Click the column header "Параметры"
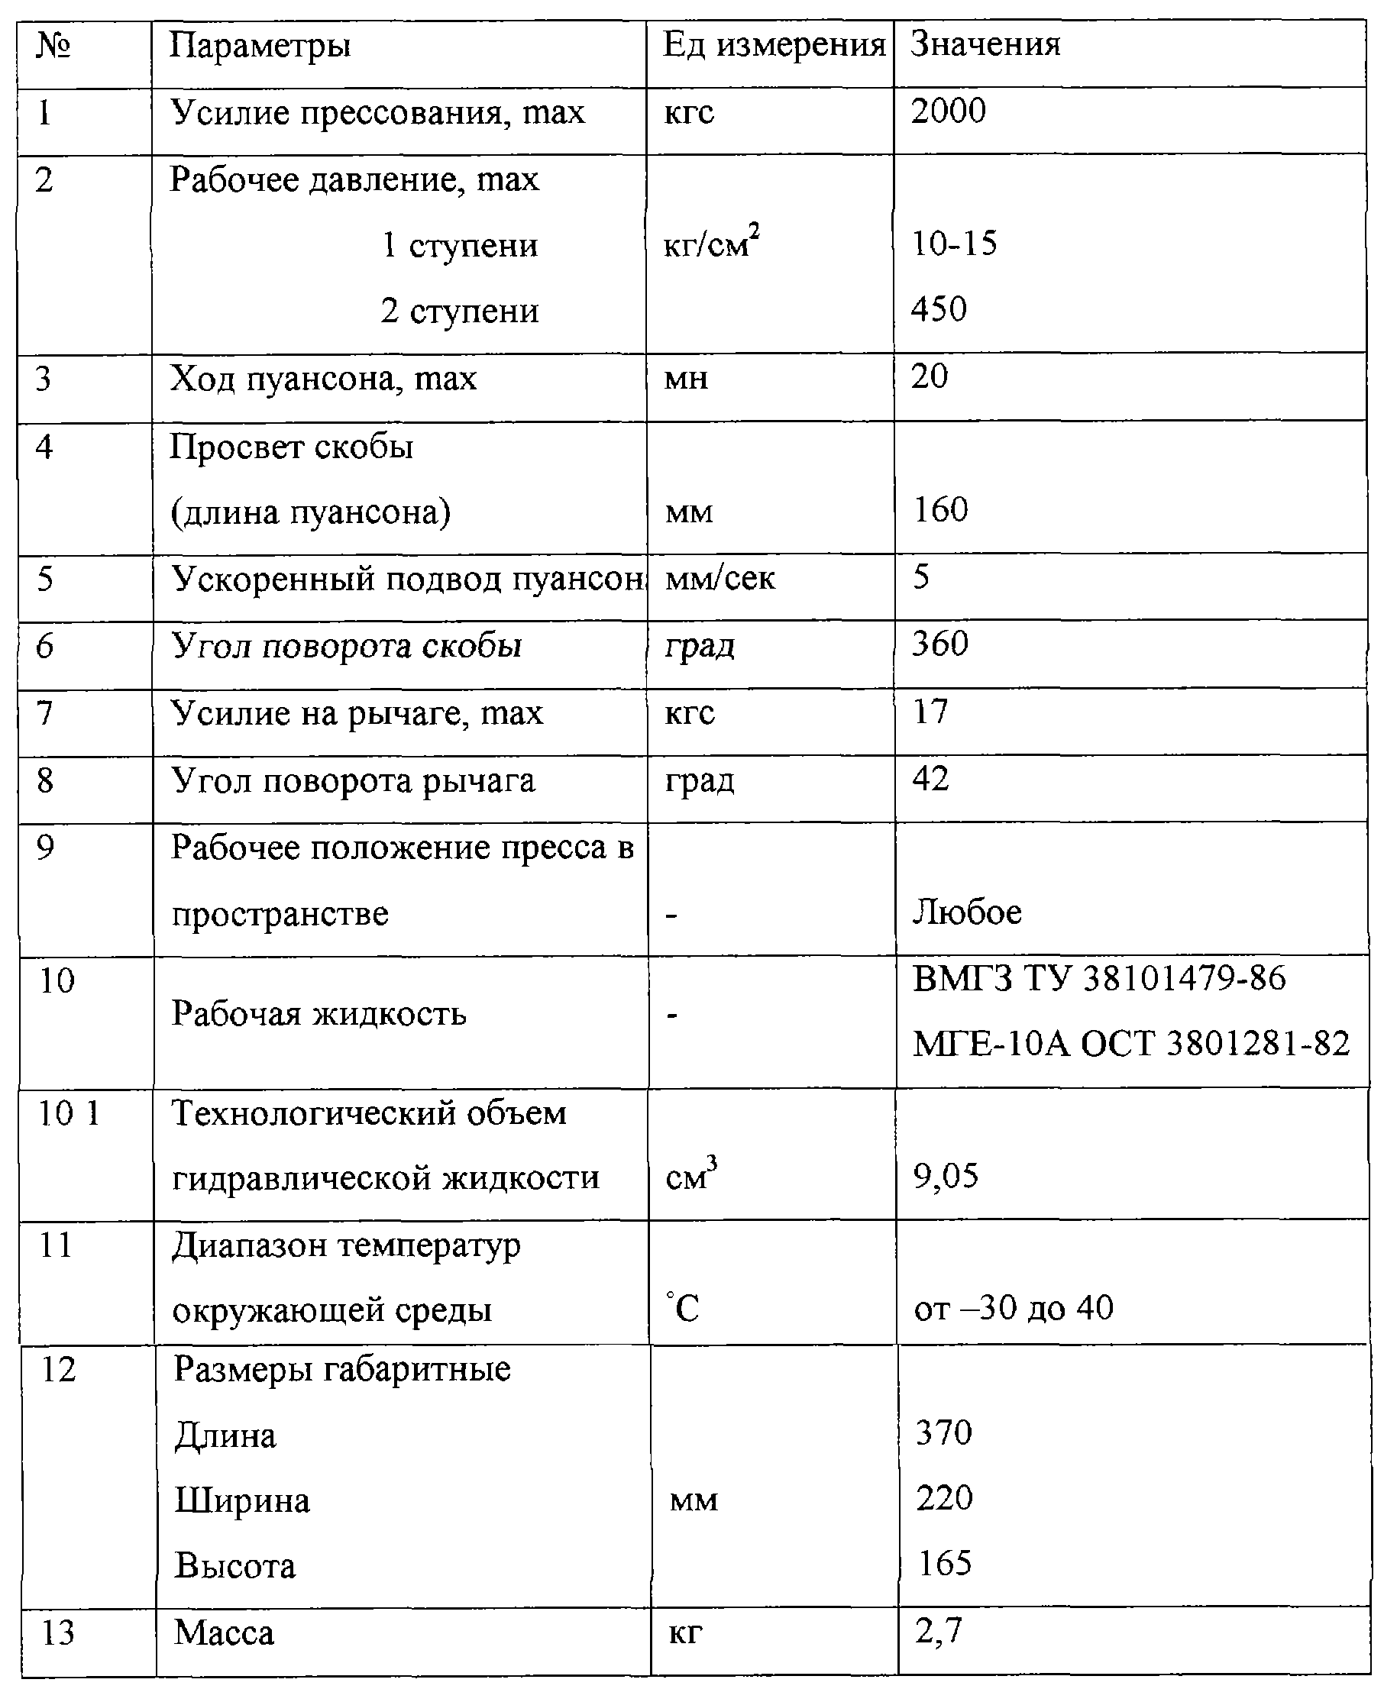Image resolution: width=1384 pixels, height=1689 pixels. pos(260,47)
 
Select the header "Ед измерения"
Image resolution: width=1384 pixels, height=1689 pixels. pos(773,46)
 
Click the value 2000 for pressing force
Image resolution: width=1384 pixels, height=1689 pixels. pos(948,111)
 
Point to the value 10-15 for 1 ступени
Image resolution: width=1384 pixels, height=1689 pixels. pos(953,243)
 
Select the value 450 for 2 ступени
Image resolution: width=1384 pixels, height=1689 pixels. pos(939,309)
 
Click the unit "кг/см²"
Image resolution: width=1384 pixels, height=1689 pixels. pos(711,242)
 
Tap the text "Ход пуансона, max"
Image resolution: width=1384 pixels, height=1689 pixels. pos(323,379)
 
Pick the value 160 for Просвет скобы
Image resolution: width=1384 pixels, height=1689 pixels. pos(941,510)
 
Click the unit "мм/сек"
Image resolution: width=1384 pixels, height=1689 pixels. pos(720,578)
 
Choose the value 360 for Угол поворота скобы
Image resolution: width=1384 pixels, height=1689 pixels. pos(940,644)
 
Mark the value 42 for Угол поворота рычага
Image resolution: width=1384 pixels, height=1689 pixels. pos(930,779)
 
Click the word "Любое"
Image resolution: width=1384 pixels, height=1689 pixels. pos(967,912)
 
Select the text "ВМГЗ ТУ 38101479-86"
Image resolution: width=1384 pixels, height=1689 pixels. pos(1098,980)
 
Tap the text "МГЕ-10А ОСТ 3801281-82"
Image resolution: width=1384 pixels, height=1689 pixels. pos(1131,1044)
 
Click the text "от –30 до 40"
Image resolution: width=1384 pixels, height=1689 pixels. pos(1014,1309)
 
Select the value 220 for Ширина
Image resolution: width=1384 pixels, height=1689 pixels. pos(944,1499)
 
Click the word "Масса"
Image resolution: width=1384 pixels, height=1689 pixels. pos(224,1633)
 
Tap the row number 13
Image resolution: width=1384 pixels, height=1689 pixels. pos(57,1633)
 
